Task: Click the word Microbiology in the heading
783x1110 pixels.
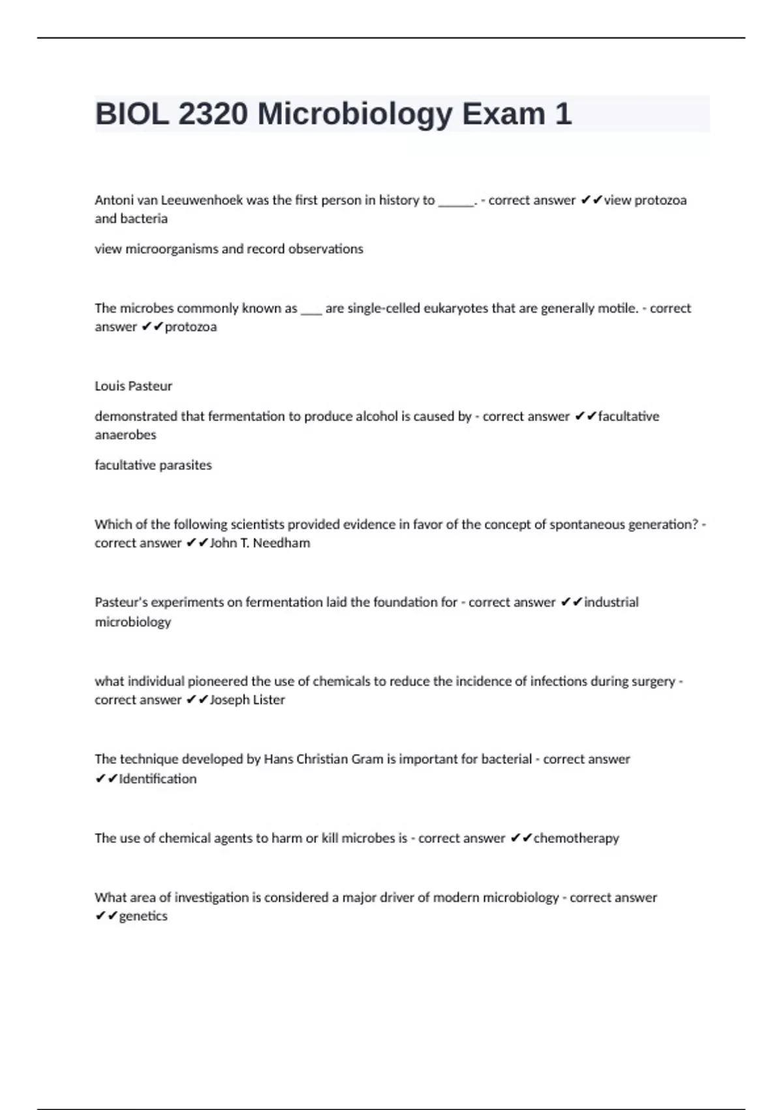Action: click(355, 114)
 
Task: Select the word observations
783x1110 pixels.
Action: click(326, 249)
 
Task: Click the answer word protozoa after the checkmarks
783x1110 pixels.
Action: click(191, 326)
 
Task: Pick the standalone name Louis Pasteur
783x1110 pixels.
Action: click(133, 386)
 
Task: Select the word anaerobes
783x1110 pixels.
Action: click(125, 435)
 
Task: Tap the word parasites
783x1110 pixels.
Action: click(186, 465)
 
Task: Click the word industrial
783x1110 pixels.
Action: click(611, 602)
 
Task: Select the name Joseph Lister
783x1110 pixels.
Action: click(247, 700)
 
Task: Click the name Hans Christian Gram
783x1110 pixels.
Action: click(323, 759)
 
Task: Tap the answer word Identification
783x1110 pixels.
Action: click(157, 778)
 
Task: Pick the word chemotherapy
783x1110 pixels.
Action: click(576, 838)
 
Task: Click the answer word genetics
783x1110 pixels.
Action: click(143, 916)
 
